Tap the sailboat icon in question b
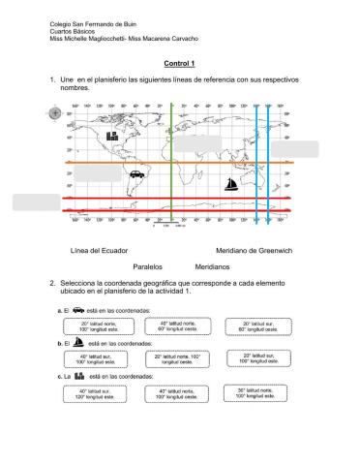click(78, 342)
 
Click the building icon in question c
click(80, 376)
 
